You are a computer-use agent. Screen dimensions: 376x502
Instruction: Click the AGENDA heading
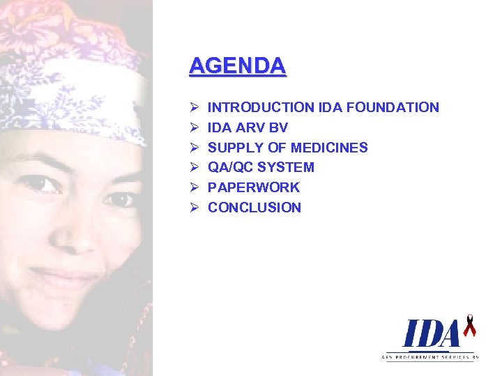237,65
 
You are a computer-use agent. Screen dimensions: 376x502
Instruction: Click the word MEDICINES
329,148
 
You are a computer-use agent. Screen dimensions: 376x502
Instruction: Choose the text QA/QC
230,167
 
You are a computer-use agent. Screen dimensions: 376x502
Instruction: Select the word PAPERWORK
254,187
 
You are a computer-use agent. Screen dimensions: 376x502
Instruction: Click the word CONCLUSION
254,207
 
